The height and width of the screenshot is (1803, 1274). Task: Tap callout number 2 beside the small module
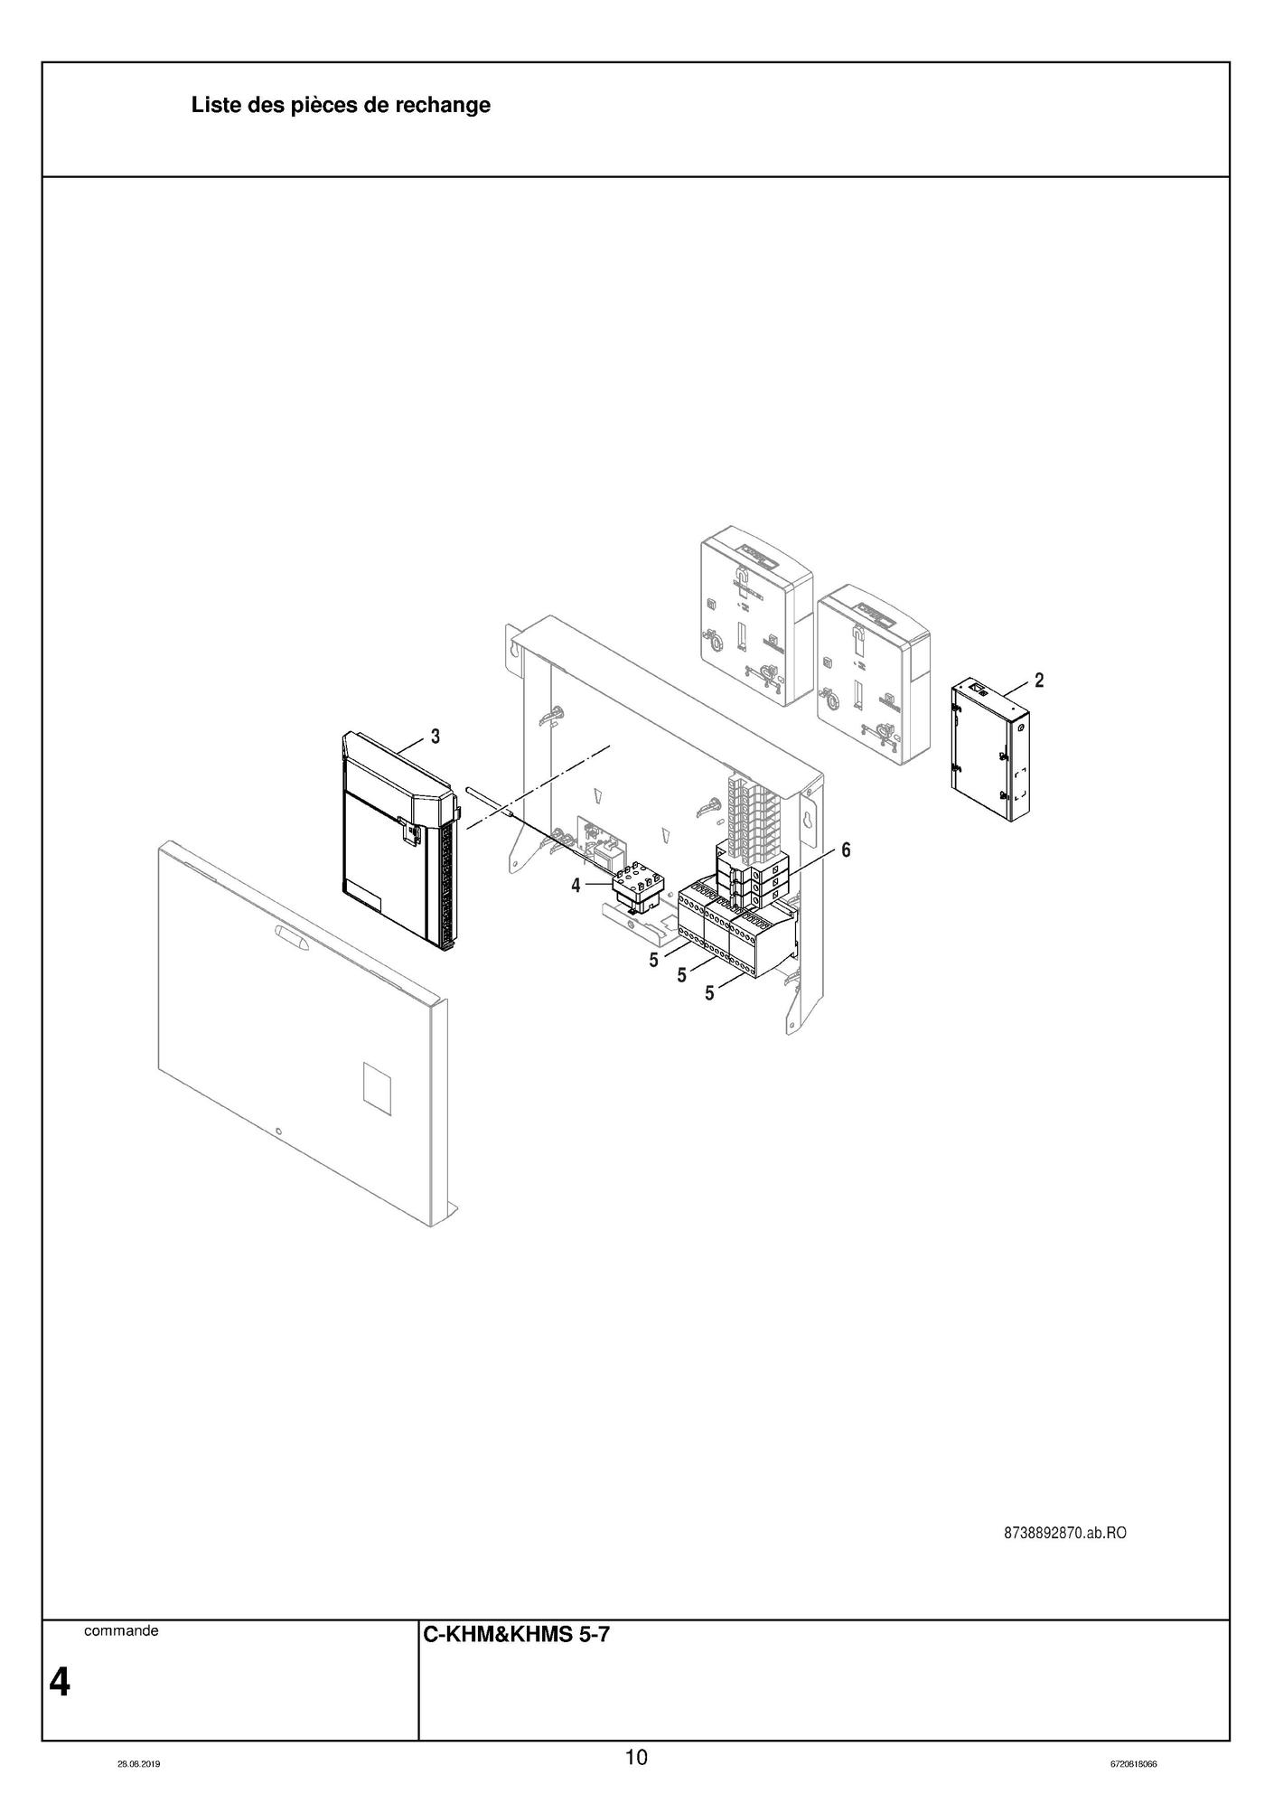pos(1039,681)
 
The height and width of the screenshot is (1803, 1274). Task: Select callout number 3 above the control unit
pos(435,737)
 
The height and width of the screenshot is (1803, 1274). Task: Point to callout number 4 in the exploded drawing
pos(576,886)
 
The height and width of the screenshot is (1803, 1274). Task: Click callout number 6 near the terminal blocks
pos(846,850)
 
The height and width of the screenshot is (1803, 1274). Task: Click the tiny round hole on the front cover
pos(279,1132)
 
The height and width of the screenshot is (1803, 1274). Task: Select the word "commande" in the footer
pos(121,1631)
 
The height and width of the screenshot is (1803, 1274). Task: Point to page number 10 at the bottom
pos(636,1757)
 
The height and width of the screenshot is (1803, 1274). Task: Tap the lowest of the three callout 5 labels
pos(709,993)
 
